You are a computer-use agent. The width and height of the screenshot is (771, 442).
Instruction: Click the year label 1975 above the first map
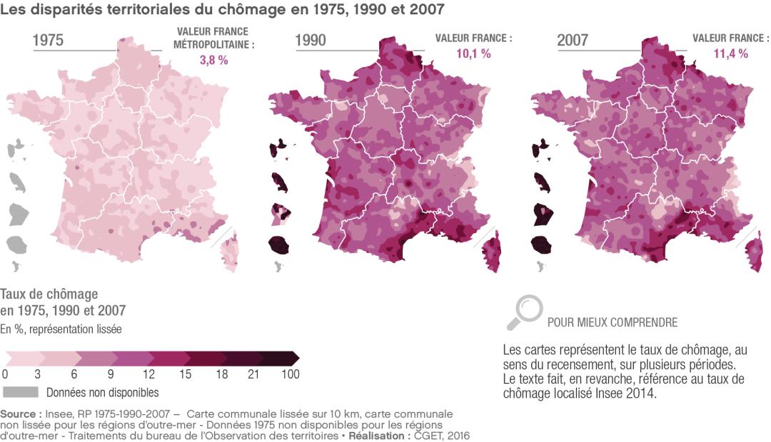pos(49,41)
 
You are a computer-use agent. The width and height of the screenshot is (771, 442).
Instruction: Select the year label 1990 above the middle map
pos(311,41)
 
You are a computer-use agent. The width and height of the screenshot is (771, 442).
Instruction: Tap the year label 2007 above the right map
pos(573,41)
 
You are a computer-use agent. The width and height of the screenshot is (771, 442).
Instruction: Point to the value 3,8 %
pos(213,61)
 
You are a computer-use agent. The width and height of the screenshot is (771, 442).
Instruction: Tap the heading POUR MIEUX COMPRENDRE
pos(613,322)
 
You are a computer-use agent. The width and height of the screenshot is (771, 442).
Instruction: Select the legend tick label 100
pos(290,374)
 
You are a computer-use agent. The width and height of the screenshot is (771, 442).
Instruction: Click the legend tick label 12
pos(148,374)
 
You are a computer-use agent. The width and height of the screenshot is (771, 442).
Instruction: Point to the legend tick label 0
pos(5,374)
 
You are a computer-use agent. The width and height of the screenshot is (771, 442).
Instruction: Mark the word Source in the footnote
pos(20,413)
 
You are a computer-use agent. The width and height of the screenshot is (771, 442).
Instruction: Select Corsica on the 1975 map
pos(230,252)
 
